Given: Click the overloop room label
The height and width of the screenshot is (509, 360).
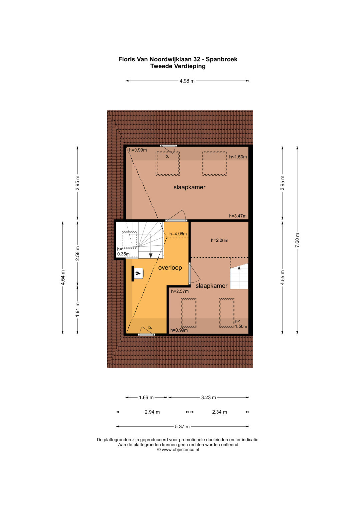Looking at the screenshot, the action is point(170,267).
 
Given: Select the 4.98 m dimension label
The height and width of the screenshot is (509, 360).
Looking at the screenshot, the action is point(187,81).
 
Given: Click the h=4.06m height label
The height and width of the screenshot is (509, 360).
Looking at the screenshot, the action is point(178,234).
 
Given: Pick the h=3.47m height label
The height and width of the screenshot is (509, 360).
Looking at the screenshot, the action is point(238,216).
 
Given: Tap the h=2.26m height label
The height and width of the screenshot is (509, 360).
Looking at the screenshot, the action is point(220,240).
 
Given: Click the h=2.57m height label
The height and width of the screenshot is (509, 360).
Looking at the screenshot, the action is point(180,291).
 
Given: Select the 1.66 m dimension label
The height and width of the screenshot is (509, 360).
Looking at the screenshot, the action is point(146,397).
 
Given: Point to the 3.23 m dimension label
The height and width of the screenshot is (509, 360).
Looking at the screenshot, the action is point(208,397).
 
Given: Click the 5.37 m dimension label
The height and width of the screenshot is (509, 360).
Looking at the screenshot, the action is point(182,427).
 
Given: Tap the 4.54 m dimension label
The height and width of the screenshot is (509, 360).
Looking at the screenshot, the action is point(63,277).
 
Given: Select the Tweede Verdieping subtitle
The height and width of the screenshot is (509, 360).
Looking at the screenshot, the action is point(178,66).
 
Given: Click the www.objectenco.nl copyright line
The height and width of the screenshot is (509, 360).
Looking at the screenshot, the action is point(178,449).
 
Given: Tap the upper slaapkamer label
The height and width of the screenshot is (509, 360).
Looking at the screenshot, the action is point(189,187).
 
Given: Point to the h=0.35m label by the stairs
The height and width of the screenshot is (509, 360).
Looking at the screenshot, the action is point(123,252).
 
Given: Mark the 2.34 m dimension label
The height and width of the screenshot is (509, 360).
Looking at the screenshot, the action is point(219,412).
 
